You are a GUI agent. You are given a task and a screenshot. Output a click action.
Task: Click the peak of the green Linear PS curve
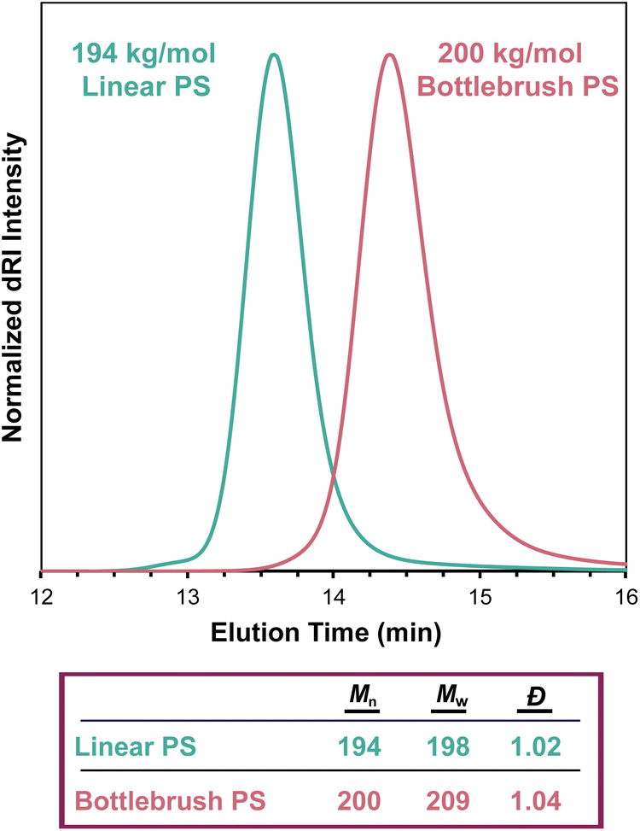pos(274,55)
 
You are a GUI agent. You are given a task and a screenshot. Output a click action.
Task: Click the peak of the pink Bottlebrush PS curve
pos(390,55)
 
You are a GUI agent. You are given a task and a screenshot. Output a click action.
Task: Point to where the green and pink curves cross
pos(333,475)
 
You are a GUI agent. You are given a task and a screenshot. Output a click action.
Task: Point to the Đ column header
pos(535,705)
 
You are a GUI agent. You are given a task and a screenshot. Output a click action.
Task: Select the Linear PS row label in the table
pos(137,746)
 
